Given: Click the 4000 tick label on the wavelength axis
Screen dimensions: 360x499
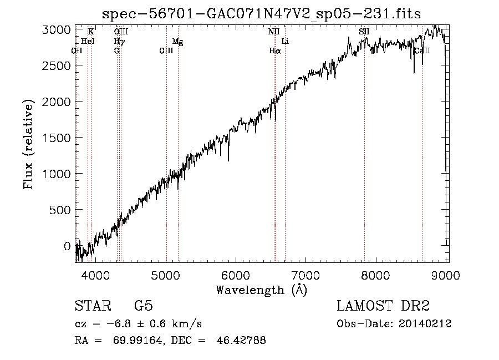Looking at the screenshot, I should click(96, 275).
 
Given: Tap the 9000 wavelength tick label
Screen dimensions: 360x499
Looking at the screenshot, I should click(447, 275).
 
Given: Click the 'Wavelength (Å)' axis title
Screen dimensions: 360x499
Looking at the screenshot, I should click(261, 290).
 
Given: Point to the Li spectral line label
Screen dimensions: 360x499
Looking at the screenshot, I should click(285, 42).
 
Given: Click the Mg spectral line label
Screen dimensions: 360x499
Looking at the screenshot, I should click(177, 42).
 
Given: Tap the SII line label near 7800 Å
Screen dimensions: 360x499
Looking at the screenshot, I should click(364, 32).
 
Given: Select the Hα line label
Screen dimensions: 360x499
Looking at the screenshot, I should click(275, 50).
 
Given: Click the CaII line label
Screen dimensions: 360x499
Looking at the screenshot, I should click(422, 50).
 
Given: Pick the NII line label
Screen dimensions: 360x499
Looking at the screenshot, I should click(274, 32).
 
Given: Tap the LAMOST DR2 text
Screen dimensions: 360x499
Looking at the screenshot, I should click(383, 306).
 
